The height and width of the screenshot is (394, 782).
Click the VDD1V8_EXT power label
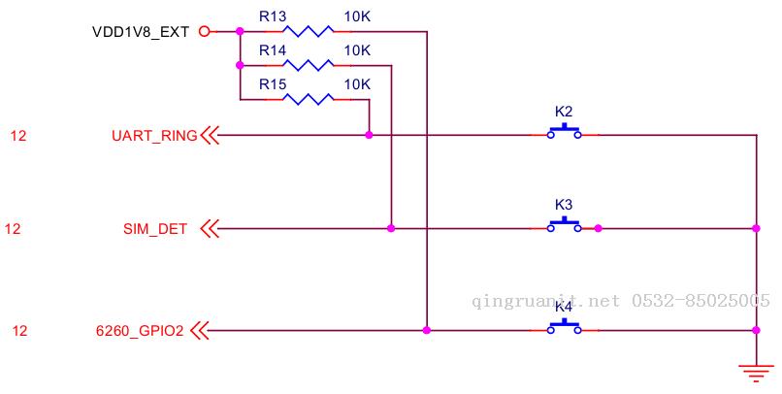(141, 32)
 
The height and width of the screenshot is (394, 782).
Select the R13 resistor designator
(273, 16)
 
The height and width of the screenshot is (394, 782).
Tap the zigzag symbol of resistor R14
(308, 65)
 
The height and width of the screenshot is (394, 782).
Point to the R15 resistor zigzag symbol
(308, 99)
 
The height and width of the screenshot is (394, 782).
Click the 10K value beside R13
(357, 16)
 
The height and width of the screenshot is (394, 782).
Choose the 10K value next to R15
(357, 84)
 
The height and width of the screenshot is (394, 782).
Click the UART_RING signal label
(154, 136)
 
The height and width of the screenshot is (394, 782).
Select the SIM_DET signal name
(155, 229)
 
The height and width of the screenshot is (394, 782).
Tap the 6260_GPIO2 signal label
(140, 331)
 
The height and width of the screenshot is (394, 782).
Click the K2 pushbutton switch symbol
(564, 132)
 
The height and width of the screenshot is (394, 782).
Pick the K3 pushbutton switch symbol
(564, 225)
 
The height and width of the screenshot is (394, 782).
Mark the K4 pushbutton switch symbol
(564, 327)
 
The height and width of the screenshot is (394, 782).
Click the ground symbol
(756, 373)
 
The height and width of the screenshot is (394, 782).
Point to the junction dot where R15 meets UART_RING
(369, 135)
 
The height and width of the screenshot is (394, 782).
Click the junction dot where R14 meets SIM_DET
(391, 228)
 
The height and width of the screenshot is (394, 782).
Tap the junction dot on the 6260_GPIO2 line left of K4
(426, 330)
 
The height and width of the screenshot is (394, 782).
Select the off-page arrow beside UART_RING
(210, 135)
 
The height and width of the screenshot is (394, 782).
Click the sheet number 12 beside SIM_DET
(13, 229)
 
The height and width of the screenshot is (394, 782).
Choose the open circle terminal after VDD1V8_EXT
(204, 31)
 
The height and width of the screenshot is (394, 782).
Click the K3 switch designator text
(564, 205)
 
